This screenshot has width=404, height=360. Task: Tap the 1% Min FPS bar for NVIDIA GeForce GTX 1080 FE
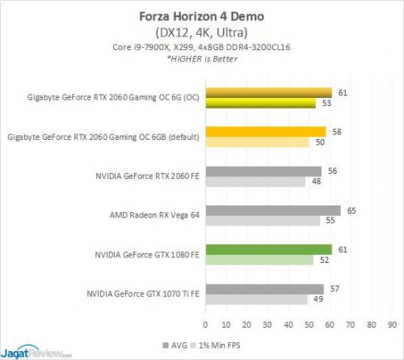click(x=259, y=260)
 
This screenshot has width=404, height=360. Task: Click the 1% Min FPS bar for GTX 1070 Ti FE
click(x=255, y=299)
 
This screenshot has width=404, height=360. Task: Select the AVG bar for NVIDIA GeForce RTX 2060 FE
click(x=263, y=171)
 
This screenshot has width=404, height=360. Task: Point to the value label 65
click(x=350, y=210)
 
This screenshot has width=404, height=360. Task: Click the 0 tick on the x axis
click(x=206, y=325)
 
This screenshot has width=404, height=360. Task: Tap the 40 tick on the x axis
click(x=280, y=325)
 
